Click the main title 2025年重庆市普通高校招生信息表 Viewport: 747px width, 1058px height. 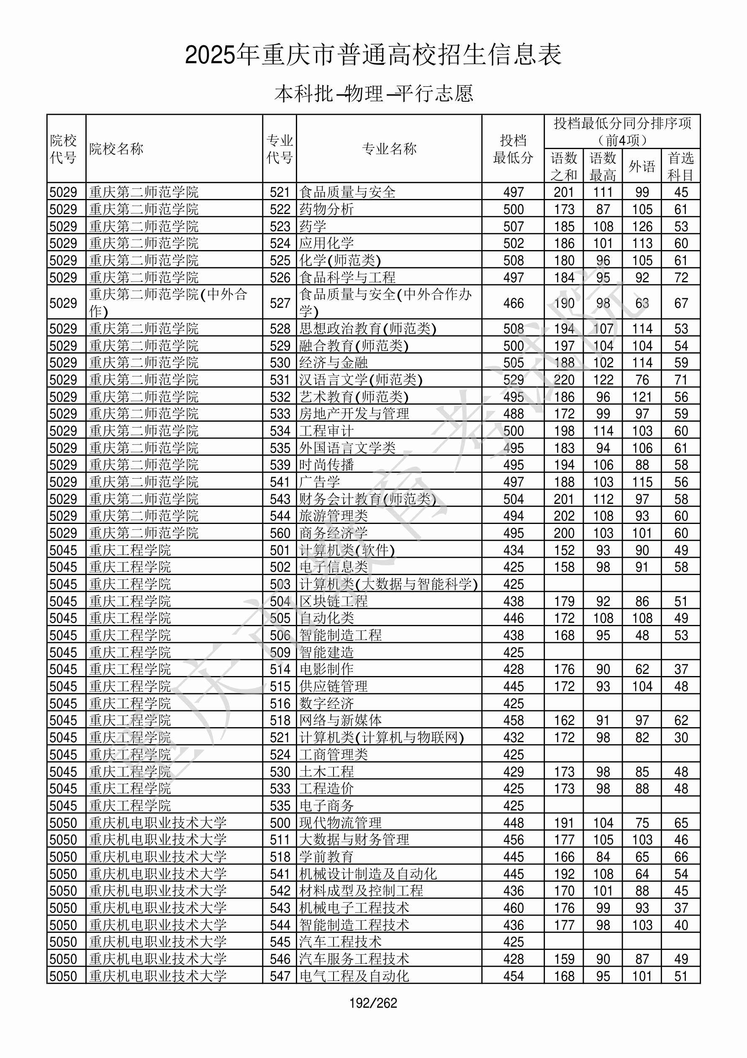373,55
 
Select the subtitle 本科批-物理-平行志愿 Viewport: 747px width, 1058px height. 373,93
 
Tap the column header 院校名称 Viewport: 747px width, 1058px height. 116,149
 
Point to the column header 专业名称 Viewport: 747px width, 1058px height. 389,149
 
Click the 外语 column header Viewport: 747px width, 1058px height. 642,166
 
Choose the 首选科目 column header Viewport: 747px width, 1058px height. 681,166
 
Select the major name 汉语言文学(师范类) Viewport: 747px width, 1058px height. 361,380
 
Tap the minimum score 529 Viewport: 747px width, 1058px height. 513,380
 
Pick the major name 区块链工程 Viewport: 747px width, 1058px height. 334,601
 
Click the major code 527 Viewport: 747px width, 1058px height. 280,303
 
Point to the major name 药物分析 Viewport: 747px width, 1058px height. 326,209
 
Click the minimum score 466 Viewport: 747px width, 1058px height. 513,303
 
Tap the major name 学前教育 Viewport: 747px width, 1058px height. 326,857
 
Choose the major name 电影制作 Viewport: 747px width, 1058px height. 326,669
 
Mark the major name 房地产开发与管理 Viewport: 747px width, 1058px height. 354,414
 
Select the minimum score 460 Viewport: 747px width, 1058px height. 513,908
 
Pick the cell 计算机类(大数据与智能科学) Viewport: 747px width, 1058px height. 388,584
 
